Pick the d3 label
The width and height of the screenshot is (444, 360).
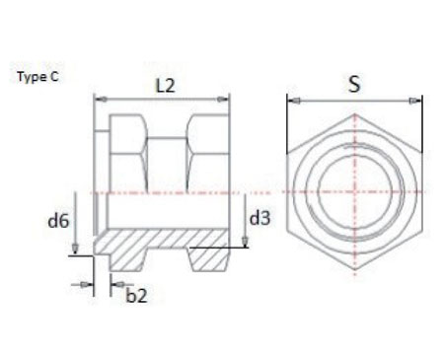click(259, 218)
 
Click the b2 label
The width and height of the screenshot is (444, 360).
click(137, 293)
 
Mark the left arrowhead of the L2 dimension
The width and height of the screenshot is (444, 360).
click(97, 99)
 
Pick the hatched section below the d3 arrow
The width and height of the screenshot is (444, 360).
click(209, 253)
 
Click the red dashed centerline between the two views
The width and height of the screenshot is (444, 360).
click(259, 189)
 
